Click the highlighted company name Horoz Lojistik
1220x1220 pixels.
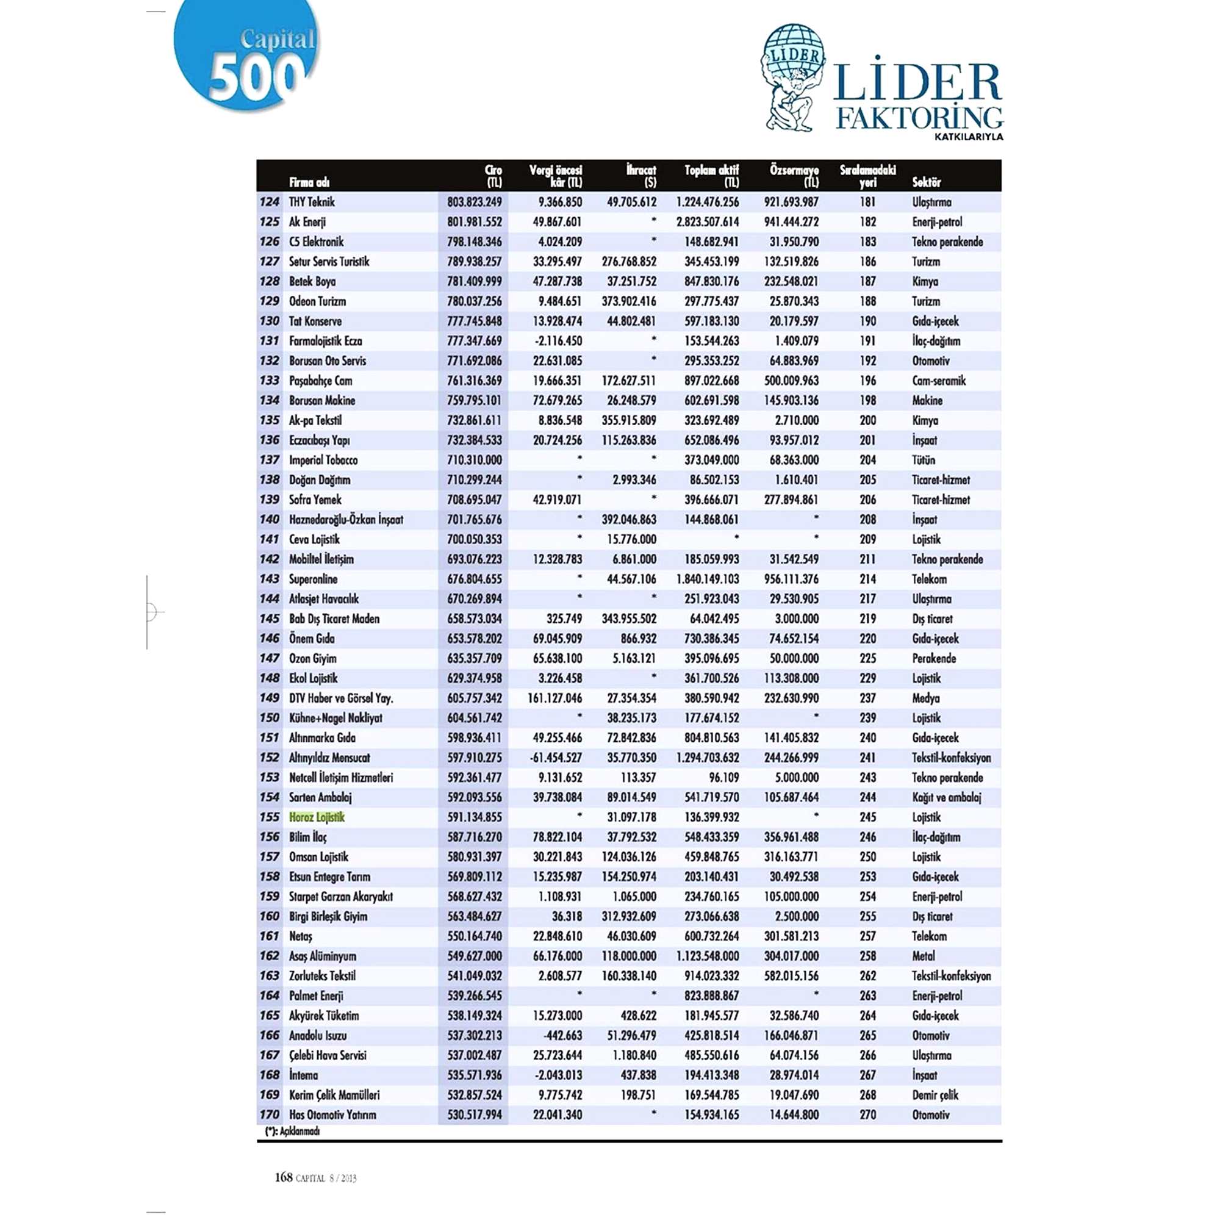(317, 817)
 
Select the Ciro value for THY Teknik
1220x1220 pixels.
(474, 202)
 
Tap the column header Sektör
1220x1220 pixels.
(926, 182)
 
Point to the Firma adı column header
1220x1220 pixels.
(309, 182)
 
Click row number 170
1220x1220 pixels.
(269, 1114)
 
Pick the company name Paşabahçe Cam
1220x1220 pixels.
(320, 381)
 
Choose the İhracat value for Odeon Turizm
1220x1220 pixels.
(628, 301)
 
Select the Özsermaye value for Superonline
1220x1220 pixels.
(791, 579)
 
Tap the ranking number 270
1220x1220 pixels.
(867, 1114)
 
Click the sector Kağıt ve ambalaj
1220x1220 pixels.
(946, 797)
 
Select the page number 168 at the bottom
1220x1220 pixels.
(284, 1177)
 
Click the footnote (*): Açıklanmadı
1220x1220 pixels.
(292, 1131)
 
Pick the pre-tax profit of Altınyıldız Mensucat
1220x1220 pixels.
(555, 758)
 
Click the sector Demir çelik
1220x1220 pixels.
(935, 1095)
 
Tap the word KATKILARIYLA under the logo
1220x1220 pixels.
(969, 137)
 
